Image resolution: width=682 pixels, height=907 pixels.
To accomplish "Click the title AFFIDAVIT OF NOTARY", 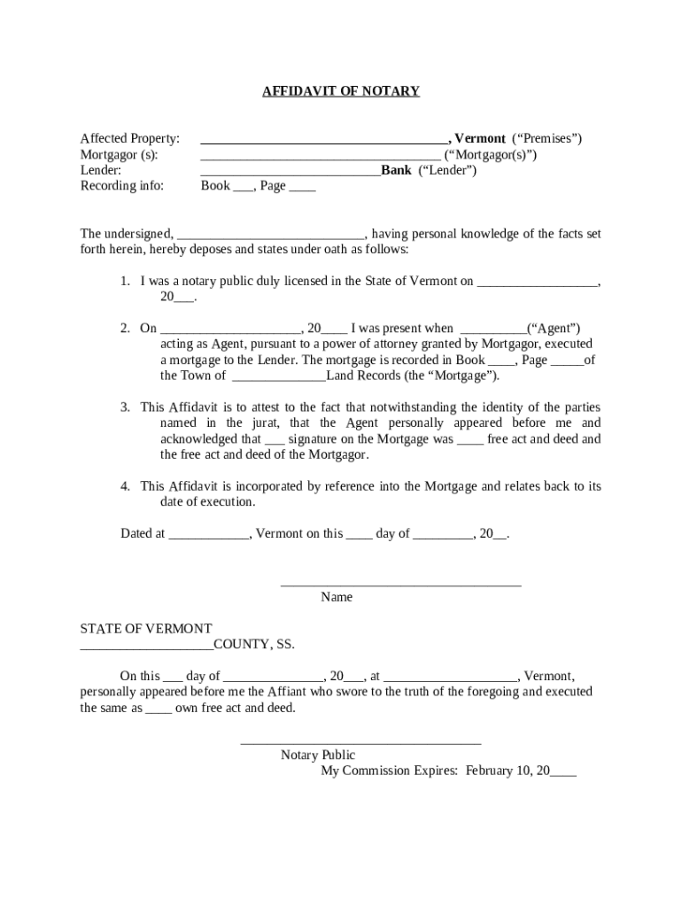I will tap(340, 91).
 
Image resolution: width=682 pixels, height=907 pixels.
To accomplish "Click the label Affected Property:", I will tap(130, 139).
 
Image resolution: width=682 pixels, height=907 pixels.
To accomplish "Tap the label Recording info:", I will tap(122, 186).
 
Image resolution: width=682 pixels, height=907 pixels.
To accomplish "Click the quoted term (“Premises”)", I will tap(546, 139).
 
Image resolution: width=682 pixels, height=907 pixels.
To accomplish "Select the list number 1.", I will tap(126, 282).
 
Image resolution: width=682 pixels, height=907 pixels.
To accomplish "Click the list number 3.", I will tap(126, 407).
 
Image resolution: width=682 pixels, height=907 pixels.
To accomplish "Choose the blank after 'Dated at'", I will tap(209, 535).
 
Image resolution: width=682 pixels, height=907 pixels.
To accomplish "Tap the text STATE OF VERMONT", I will tap(146, 629).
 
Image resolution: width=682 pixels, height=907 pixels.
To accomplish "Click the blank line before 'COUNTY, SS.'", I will tap(146, 646).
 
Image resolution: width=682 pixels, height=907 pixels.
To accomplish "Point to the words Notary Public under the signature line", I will tap(318, 756).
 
